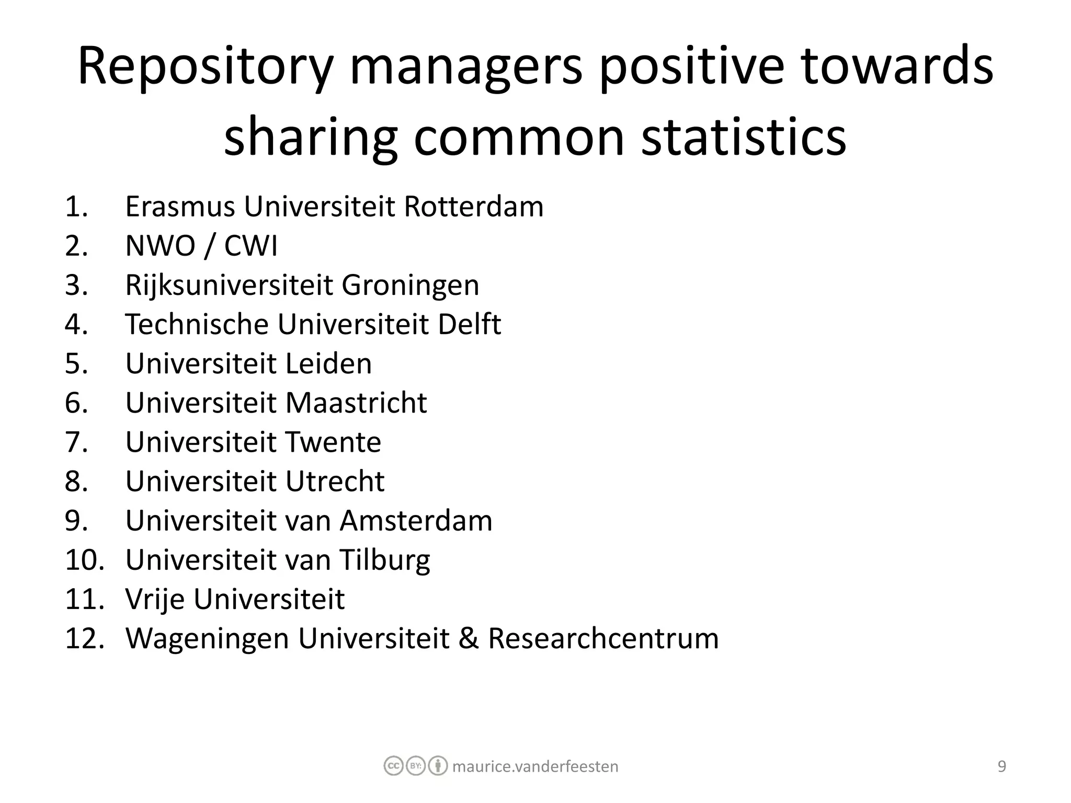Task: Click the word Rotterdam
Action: [x=474, y=207]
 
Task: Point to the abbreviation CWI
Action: [x=250, y=246]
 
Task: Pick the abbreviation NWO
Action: [x=160, y=246]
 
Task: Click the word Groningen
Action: [x=411, y=286]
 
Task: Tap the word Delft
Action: [x=469, y=324]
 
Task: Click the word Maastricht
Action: [x=356, y=403]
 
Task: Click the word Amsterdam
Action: [x=416, y=521]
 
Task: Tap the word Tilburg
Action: [x=385, y=560]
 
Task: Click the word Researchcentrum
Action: [x=603, y=638]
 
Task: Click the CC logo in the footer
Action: [x=393, y=766]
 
